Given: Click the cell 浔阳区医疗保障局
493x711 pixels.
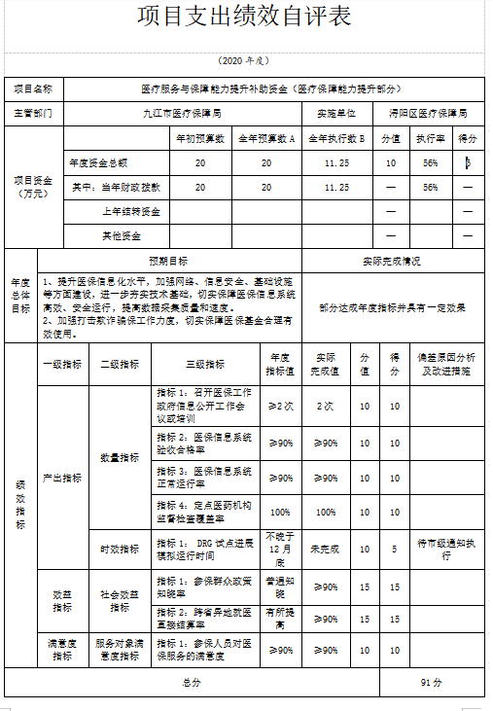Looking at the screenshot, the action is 428,113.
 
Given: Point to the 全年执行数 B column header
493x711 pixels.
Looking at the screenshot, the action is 336,138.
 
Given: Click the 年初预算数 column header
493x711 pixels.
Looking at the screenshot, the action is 199,138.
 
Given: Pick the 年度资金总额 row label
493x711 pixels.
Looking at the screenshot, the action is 98,162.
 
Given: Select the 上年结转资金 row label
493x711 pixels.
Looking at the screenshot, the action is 131,211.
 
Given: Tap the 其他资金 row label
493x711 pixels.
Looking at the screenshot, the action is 122,235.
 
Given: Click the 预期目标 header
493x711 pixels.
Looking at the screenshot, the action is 168,261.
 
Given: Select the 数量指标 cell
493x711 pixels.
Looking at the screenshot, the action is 120,456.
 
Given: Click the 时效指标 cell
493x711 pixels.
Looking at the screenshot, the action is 120,549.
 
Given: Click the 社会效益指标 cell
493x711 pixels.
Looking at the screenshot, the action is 120,600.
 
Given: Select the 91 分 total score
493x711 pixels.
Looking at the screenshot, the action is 433,682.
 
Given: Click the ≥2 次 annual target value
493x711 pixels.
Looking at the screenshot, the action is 280,405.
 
